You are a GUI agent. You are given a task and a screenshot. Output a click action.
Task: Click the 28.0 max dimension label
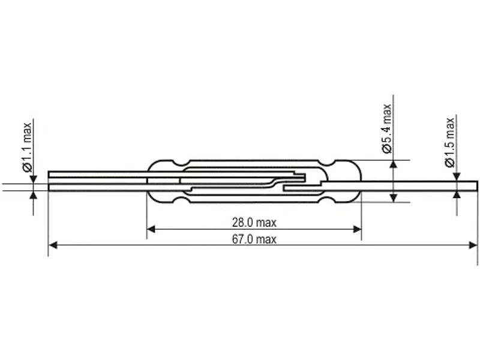(254, 223)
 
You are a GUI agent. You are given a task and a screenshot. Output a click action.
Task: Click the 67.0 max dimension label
(254, 239)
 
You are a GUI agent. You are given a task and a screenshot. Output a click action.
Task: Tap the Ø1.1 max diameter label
(27, 147)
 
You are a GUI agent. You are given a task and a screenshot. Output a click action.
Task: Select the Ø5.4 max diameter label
(387, 128)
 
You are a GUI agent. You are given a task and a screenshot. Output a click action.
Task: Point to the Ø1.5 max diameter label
(450, 142)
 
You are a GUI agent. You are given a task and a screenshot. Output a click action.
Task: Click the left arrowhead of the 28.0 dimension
(151, 229)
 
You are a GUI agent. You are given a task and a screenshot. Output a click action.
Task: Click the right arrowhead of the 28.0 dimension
(357, 229)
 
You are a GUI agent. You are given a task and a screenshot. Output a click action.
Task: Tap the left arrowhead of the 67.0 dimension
(53, 245)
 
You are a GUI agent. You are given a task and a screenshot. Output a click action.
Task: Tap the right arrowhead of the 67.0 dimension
(473, 245)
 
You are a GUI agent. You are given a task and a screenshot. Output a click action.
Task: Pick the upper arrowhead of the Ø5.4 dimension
(394, 164)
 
